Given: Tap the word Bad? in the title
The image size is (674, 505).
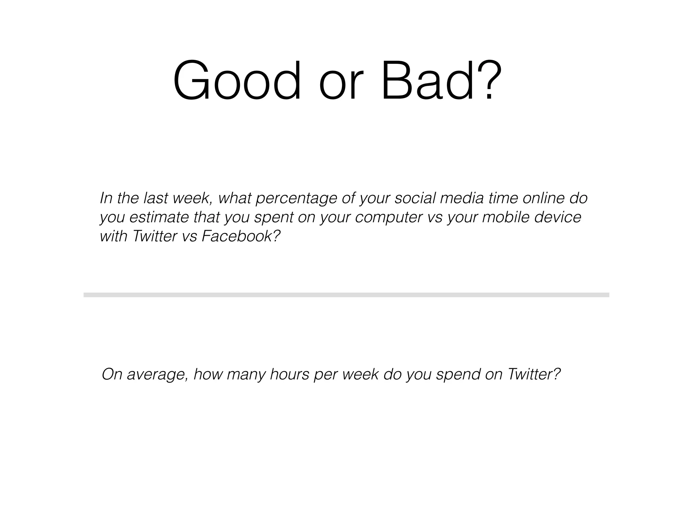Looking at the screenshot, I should pyautogui.click(x=441, y=80).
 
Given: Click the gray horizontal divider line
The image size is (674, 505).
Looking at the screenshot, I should pyautogui.click(x=346, y=295).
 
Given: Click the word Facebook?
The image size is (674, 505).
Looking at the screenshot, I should pyautogui.click(x=241, y=236).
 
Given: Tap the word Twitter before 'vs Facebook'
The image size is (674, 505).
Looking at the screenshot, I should pyautogui.click(x=155, y=236).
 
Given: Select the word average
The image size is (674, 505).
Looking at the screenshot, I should pyautogui.click(x=157, y=375).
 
